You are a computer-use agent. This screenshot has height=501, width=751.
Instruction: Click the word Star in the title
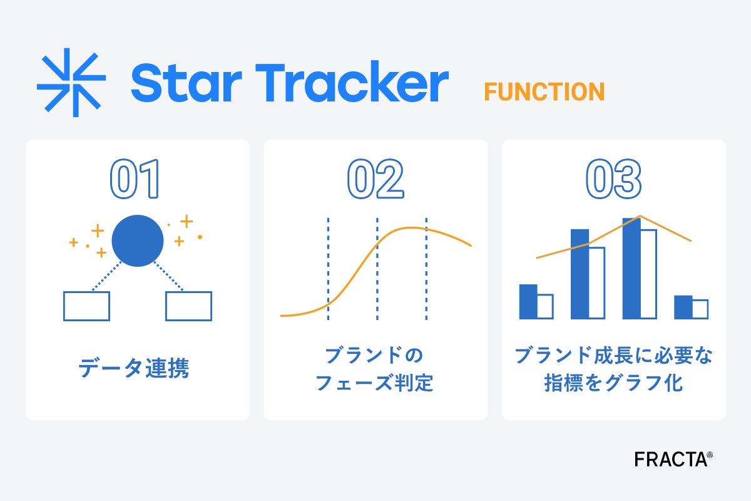click(186, 83)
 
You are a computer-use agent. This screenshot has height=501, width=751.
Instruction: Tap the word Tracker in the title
click(352, 81)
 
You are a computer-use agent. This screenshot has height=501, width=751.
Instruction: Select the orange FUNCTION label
click(544, 91)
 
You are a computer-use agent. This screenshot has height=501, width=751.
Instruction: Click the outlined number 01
click(135, 179)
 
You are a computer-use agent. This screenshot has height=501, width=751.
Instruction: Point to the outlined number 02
click(375, 179)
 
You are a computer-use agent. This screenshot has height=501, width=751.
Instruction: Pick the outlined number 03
click(613, 179)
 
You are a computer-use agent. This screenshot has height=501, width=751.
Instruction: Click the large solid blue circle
click(138, 241)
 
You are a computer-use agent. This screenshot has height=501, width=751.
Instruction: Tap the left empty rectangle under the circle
click(86, 306)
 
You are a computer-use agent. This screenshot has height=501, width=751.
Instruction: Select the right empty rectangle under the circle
click(189, 306)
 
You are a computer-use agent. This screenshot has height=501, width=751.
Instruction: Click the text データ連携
click(134, 368)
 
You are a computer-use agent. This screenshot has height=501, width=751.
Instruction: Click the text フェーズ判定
click(374, 383)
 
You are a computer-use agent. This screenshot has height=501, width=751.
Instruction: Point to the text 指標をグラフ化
click(613, 383)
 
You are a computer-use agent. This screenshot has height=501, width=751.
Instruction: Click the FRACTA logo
click(673, 460)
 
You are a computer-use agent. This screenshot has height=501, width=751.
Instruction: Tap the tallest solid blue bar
click(631, 269)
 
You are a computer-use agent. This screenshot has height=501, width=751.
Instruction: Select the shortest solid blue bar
click(683, 307)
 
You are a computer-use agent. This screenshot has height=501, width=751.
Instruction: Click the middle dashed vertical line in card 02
click(377, 269)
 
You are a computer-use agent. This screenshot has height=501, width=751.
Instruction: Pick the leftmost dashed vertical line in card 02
click(328, 269)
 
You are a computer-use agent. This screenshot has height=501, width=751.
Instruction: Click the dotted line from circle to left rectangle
click(106, 276)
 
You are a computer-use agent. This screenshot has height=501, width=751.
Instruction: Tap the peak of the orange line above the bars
click(640, 215)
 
